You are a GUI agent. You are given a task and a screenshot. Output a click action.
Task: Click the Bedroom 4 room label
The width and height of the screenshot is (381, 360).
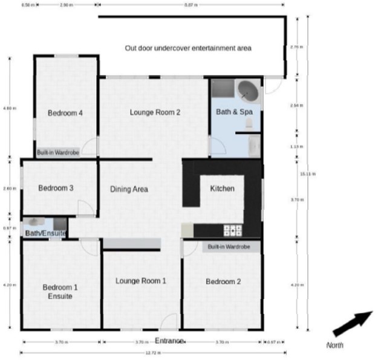[65, 113]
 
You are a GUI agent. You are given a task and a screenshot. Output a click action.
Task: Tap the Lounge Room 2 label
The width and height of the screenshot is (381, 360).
[155, 112]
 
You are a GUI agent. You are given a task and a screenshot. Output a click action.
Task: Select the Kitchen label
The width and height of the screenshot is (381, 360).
[222, 189]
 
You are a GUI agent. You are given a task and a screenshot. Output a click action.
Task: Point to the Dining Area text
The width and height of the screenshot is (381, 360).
[129, 190]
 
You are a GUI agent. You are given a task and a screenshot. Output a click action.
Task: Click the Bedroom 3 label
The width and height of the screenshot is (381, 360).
[56, 188]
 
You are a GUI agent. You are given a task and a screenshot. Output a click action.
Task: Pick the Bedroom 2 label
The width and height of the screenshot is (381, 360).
[223, 281]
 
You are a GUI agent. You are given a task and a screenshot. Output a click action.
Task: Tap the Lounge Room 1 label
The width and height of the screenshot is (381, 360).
[141, 281]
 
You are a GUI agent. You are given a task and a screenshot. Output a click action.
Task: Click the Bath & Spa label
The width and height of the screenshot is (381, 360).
[235, 112]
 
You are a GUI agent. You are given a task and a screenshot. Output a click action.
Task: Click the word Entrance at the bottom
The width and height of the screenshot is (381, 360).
[170, 341]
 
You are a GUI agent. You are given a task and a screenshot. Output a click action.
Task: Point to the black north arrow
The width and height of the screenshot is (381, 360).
[353, 323]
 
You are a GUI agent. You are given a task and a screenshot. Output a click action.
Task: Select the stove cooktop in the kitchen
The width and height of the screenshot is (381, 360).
[233, 230]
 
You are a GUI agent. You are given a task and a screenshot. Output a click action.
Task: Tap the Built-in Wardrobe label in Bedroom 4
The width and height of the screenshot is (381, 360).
[58, 153]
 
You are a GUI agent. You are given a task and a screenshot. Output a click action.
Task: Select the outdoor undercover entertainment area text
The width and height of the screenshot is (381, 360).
[188, 48]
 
